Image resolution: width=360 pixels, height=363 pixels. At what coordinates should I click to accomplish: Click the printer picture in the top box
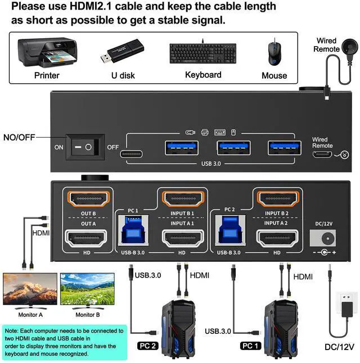click(x=47, y=52)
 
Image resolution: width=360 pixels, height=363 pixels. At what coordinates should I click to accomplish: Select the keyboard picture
click(x=202, y=53)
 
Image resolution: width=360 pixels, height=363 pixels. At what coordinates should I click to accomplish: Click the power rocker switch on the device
click(x=85, y=148)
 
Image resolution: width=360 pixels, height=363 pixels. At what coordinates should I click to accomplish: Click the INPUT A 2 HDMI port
click(x=277, y=238)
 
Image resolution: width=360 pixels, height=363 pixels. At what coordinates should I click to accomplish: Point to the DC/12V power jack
click(x=323, y=237)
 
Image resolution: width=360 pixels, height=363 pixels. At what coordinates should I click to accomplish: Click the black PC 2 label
click(x=148, y=345)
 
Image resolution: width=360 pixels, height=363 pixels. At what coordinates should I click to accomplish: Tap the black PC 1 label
click(x=251, y=346)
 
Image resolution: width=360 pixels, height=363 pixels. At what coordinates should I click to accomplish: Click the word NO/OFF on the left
click(x=22, y=137)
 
